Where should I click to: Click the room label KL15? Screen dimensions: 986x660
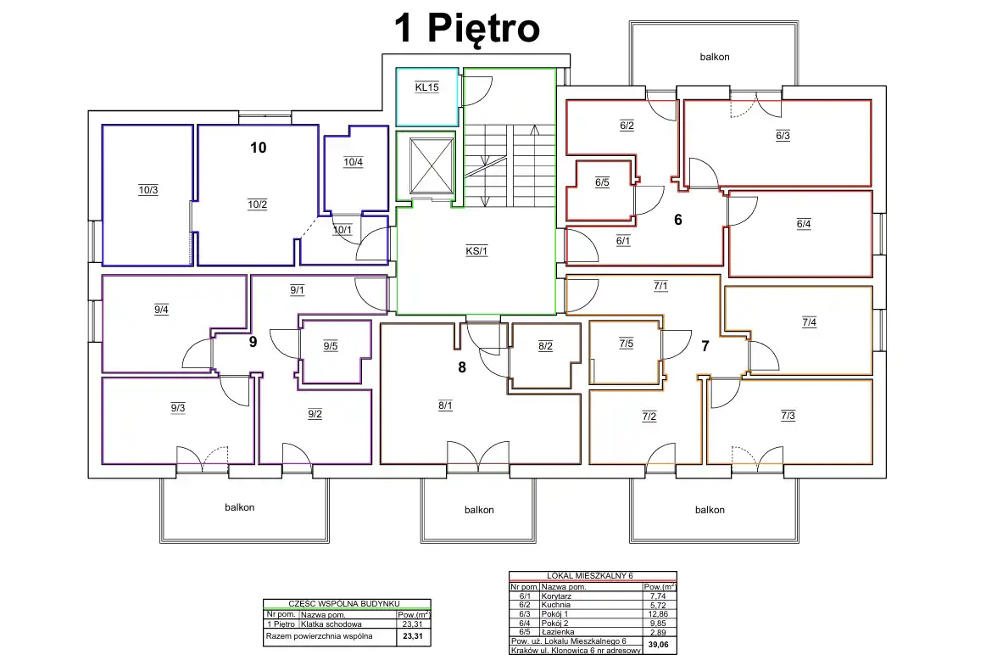(427, 87)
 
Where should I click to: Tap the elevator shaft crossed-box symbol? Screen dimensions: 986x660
(432, 165)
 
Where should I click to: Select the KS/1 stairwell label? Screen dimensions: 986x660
(476, 251)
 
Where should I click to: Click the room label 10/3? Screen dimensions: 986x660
(148, 190)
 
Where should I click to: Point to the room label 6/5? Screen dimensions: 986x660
(603, 182)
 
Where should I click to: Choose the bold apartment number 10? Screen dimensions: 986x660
(259, 148)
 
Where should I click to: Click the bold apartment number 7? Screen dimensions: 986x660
(705, 346)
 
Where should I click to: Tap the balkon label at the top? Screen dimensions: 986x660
(715, 57)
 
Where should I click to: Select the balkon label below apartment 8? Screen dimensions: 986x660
(479, 510)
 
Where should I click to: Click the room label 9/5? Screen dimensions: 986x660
(331, 346)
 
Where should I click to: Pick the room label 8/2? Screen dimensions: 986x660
(546, 346)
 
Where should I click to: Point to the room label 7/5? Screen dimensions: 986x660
(627, 344)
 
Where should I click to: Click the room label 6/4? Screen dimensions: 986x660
(804, 224)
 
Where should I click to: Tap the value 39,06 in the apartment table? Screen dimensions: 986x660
(659, 645)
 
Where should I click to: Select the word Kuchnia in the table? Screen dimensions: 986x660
(556, 605)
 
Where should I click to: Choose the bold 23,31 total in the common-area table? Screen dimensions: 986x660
(413, 636)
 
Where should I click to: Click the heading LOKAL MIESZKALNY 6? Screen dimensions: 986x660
(590, 576)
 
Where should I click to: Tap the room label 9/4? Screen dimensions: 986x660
(162, 310)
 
